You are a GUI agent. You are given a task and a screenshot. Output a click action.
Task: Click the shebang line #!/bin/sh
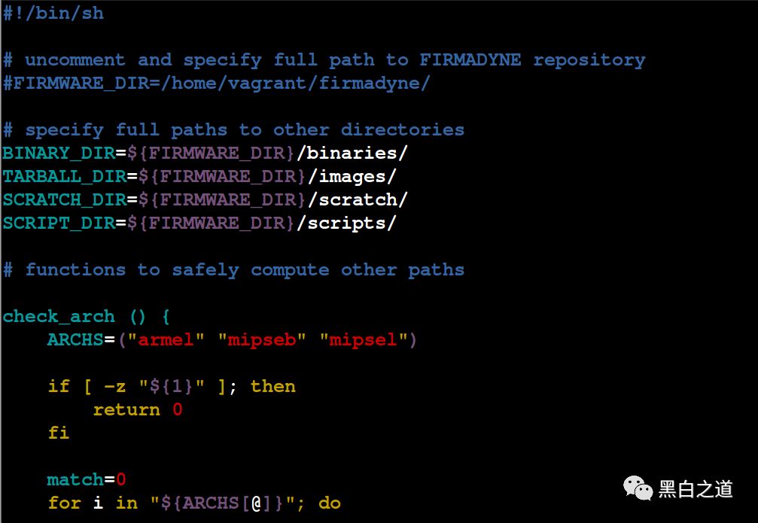click(53, 14)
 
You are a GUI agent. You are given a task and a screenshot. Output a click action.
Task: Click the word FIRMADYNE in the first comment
click(470, 60)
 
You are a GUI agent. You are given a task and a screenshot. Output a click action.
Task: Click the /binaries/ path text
click(352, 153)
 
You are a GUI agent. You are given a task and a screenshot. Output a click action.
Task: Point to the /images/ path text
click(347, 177)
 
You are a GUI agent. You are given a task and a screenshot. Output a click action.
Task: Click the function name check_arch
click(59, 316)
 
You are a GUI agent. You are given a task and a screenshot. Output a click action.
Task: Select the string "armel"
click(166, 339)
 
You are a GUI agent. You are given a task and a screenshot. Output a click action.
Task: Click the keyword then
click(273, 386)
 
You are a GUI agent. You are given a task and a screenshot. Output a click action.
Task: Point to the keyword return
click(126, 409)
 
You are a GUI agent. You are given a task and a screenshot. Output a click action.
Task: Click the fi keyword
click(59, 433)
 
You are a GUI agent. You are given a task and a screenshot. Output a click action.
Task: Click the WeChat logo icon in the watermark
click(636, 488)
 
